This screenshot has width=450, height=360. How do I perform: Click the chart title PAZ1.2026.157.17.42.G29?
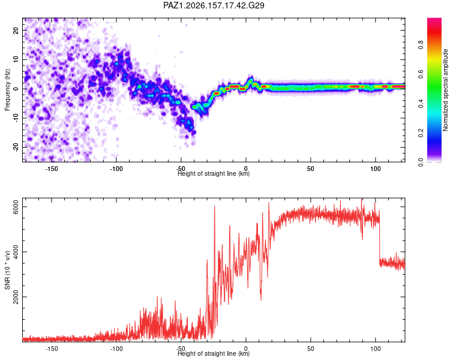coord(214,5)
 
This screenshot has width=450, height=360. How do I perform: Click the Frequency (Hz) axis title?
coord(7,90)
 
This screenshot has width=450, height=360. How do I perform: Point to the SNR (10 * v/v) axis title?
coord(7,270)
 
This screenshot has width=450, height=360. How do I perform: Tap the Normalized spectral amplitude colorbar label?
coord(445,90)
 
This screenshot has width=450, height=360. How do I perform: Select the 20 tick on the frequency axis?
coord(16,30)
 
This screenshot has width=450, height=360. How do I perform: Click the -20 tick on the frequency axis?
coord(16,147)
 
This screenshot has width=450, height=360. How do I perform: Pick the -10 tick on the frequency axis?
coord(16,118)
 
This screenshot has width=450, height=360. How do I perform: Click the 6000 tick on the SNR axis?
coord(16,206)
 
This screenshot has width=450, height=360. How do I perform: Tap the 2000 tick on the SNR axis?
coord(16,296)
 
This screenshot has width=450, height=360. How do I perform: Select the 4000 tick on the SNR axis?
coord(16,252)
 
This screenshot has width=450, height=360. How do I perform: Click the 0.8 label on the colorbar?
coord(421,44)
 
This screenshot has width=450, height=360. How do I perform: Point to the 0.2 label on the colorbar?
coord(421,133)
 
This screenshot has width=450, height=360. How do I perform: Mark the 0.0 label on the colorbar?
coord(421,163)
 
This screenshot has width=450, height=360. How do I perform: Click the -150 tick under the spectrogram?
coord(52,169)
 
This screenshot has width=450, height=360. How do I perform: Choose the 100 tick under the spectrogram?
coord(376,169)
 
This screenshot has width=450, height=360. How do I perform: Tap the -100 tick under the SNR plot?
coord(116,349)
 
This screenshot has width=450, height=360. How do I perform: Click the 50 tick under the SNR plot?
coord(311,349)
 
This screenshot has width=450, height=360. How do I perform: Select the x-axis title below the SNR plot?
coord(214,353)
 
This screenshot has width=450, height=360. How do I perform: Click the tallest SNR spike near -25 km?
coord(214,206)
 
